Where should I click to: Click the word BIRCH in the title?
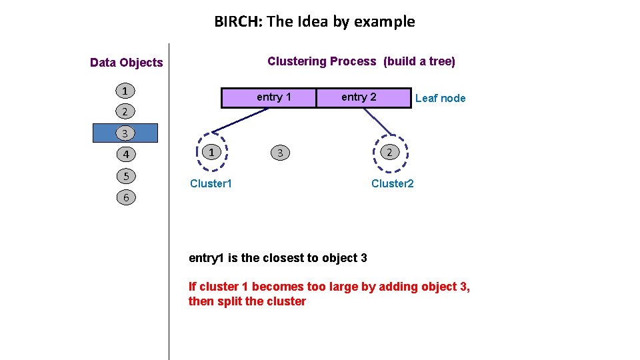[237, 21]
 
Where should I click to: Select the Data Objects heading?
[126, 63]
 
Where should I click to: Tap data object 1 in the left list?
[126, 91]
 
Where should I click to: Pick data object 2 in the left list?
[126, 111]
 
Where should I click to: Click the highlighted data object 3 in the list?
[126, 133]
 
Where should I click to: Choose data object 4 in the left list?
[126, 155]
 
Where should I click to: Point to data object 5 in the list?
[126, 176]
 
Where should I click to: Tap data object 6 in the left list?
[126, 197]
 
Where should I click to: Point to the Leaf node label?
[440, 99]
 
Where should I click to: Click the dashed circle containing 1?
[211, 153]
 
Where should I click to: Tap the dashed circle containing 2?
[390, 153]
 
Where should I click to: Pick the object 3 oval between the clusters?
[281, 153]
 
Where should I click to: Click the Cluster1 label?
[211, 183]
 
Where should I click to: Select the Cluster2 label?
[392, 183]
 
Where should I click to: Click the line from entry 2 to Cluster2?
[377, 121]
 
